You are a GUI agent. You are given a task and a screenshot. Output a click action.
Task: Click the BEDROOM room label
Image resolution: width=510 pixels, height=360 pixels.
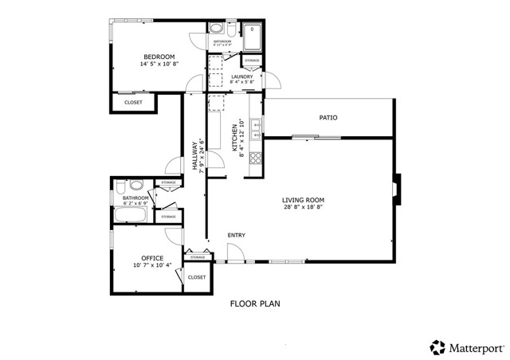(x=159, y=56)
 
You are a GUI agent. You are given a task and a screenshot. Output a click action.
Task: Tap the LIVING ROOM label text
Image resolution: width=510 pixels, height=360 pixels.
(x=303, y=200)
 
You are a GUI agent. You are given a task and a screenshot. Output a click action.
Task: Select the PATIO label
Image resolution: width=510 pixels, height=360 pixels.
(x=328, y=118)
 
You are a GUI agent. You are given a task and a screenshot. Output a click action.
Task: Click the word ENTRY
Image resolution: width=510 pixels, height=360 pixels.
(x=236, y=235)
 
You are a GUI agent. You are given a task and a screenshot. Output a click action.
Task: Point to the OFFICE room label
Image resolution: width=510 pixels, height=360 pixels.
(x=152, y=258)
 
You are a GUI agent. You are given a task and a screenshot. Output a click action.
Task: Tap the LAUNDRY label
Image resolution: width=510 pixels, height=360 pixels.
(x=241, y=76)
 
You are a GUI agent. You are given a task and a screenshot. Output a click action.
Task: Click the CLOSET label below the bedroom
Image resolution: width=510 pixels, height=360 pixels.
(x=133, y=102)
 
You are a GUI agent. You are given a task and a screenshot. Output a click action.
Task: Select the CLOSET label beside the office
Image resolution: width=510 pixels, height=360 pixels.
(x=197, y=277)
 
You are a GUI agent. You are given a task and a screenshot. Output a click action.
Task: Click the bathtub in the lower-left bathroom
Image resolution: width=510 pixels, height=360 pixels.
(x=130, y=214)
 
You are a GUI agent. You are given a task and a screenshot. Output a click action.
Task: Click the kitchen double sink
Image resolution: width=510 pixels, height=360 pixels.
(x=255, y=124)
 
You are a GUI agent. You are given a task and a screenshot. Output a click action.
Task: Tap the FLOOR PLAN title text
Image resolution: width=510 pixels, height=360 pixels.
(x=255, y=303)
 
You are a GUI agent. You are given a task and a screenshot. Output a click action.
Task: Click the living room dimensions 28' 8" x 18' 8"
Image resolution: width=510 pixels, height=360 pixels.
(x=303, y=209)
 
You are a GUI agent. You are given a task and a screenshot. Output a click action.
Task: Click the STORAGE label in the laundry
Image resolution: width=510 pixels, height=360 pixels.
(x=251, y=61)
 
